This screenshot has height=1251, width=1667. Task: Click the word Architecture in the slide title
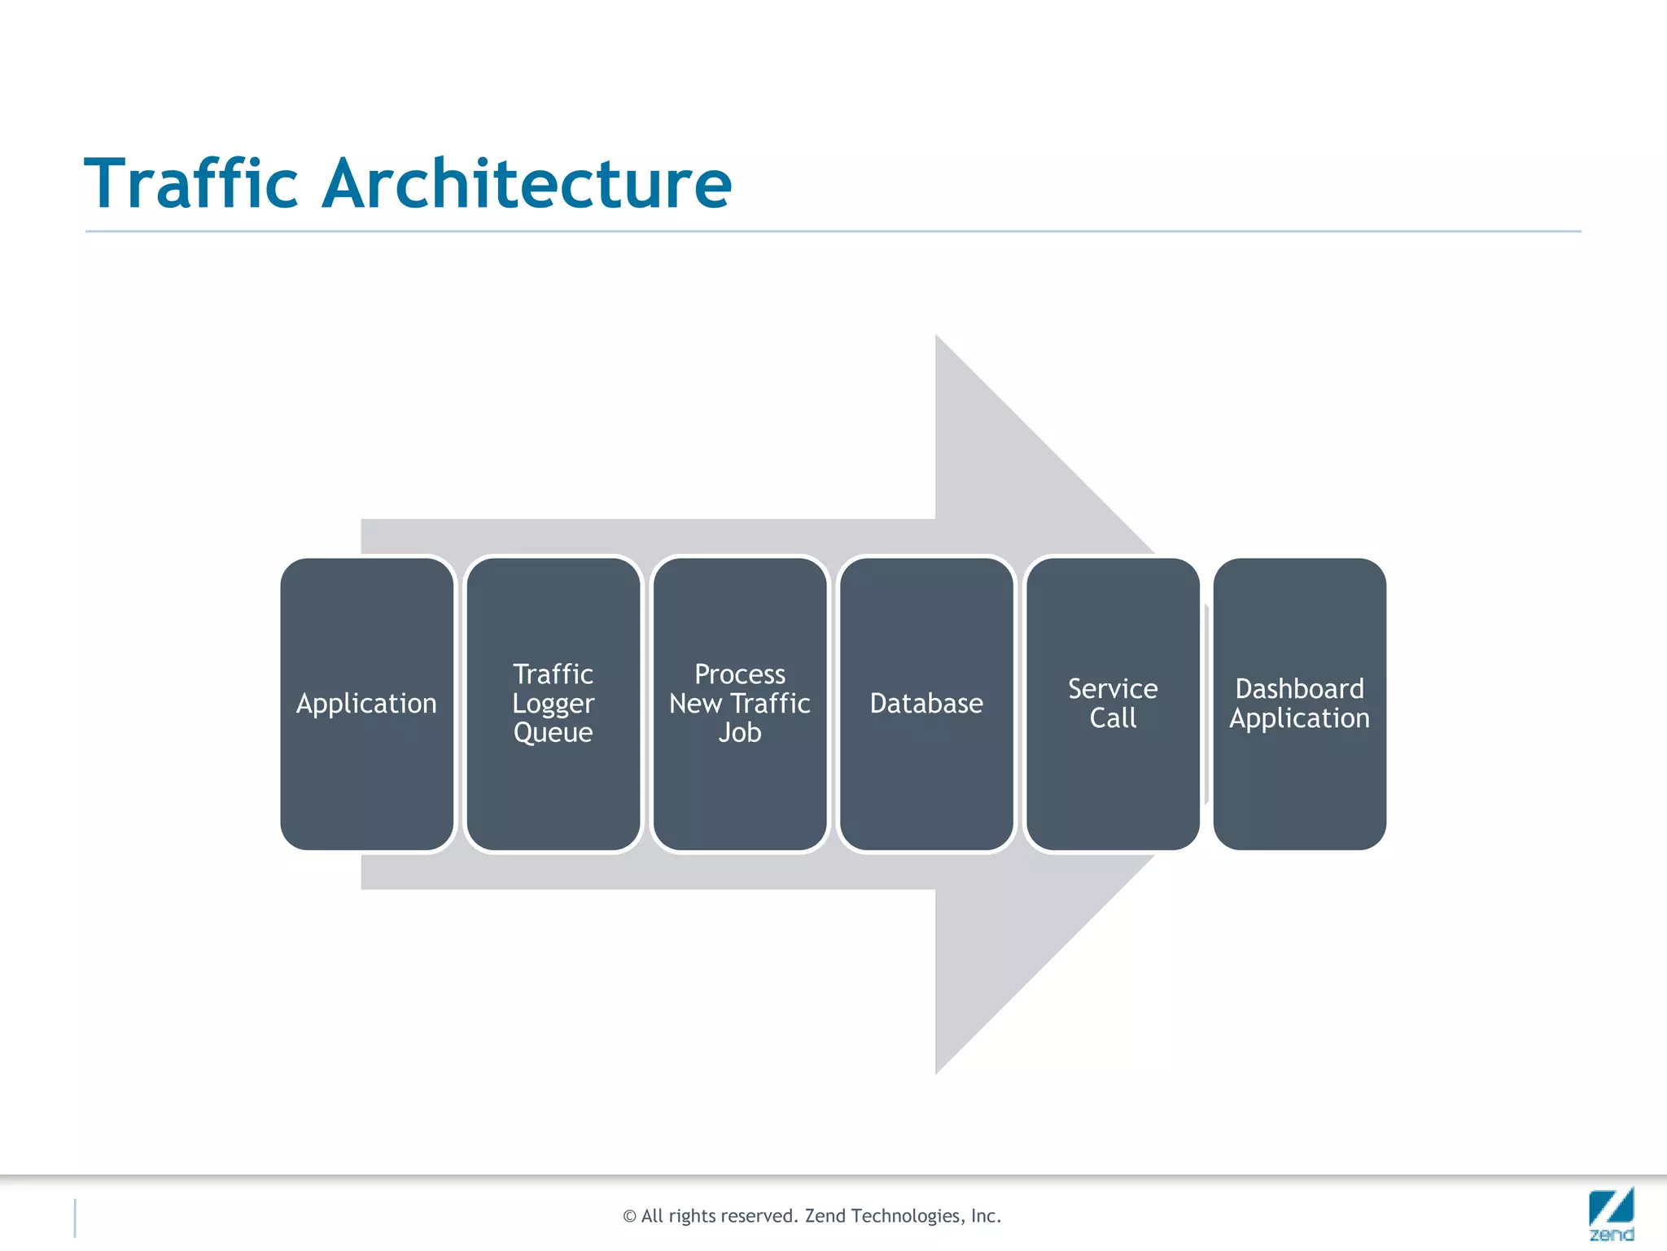click(x=527, y=183)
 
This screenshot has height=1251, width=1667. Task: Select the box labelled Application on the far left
click(x=366, y=704)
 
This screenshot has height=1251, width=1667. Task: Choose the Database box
click(x=926, y=704)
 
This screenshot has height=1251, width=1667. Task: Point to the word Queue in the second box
click(x=553, y=733)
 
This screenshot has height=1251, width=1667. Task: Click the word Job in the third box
click(x=739, y=733)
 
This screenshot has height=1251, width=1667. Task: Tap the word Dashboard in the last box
click(x=1299, y=689)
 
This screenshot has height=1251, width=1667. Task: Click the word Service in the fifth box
click(x=1113, y=689)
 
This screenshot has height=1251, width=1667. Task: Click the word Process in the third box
click(x=739, y=674)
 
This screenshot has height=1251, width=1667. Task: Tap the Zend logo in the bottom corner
click(x=1611, y=1214)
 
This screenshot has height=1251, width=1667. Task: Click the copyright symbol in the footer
click(x=629, y=1217)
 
